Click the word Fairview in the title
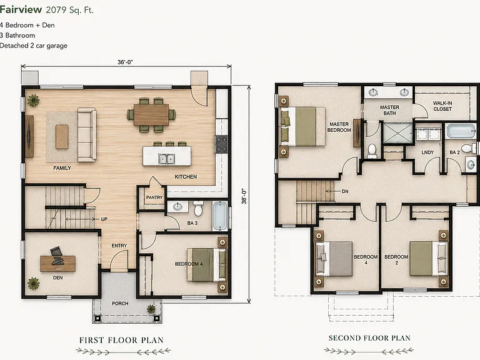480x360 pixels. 21,9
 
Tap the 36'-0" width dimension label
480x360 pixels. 125,62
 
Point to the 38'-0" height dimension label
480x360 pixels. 244,196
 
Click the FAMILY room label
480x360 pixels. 62,168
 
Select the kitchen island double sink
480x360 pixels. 166,159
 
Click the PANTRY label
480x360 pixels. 154,197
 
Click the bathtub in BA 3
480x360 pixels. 220,216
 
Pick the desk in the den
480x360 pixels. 58,264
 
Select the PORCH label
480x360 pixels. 120,303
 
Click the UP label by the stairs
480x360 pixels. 104,219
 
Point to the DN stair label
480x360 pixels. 345,191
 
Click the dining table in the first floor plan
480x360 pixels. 151,115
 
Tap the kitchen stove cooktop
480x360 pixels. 221,144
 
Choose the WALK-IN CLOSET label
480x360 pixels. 442,106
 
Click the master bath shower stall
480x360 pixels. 397,133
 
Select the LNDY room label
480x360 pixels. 427,152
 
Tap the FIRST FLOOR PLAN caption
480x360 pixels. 121,340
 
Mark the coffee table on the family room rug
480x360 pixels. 62,136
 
